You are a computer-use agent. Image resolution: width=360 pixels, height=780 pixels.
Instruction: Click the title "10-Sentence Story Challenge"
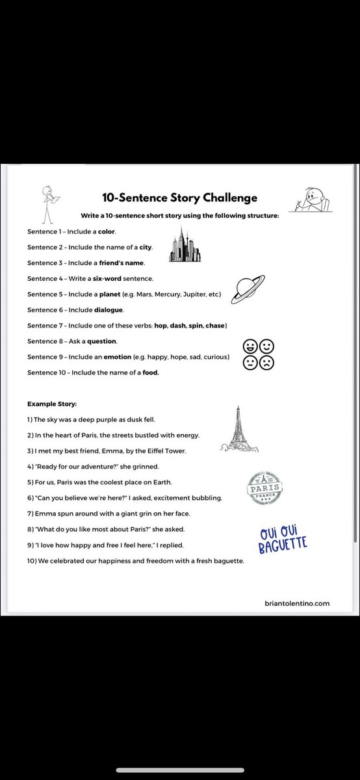(179, 198)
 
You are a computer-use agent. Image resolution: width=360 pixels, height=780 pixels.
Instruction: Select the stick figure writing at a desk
(309, 198)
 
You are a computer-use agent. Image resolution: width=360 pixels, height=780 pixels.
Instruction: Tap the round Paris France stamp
(264, 487)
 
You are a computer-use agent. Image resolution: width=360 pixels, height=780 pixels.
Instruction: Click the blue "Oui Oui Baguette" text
(283, 540)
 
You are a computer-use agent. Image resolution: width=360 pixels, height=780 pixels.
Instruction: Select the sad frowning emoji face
(266, 362)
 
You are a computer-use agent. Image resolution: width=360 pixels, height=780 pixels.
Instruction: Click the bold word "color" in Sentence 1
(107, 231)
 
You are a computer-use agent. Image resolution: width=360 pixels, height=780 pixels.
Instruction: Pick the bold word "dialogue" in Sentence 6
(108, 310)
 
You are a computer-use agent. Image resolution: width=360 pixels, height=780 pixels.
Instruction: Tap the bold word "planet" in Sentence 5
(111, 294)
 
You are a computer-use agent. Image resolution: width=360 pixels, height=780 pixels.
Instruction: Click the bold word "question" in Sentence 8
(103, 341)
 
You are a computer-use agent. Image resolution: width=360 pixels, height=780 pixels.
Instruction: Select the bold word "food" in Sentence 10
(150, 372)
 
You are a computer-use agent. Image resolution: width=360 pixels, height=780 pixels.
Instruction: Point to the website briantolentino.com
(298, 603)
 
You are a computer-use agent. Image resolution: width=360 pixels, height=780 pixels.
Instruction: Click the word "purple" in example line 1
(93, 420)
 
